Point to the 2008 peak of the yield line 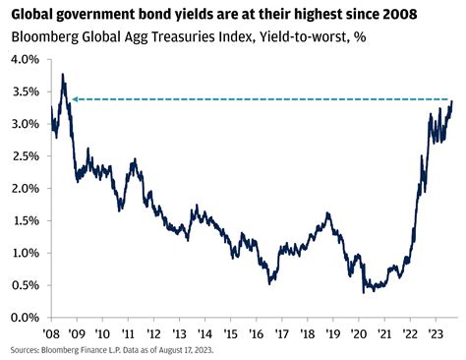click(64, 74)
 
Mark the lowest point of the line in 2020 click(364, 292)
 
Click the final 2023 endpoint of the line click(452, 101)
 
